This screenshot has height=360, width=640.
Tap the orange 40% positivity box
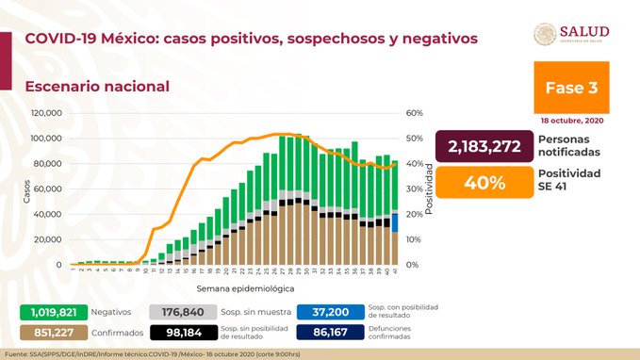[481, 184]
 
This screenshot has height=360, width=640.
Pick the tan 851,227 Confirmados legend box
[54, 333]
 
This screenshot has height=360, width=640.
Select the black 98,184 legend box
[180, 333]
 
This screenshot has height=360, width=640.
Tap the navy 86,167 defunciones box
[327, 333]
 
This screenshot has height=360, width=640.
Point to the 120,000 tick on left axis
[46, 113]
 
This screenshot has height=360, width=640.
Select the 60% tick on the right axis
[414, 113]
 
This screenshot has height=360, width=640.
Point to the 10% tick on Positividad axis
[414, 239]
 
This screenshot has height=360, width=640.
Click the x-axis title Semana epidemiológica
[245, 286]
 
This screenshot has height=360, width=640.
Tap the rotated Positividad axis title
[429, 188]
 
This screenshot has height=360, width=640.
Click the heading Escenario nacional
[97, 86]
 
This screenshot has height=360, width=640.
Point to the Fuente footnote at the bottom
[170, 352]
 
